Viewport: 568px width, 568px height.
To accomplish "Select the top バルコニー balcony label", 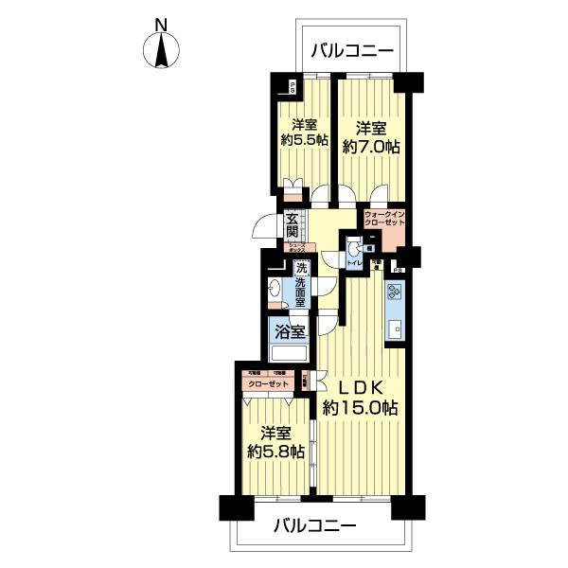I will click(x=351, y=51).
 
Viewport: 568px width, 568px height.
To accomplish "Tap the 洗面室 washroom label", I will click(x=300, y=281).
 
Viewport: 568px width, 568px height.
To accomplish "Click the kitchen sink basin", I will click(x=395, y=330).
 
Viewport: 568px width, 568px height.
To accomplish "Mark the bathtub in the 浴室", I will click(x=290, y=354).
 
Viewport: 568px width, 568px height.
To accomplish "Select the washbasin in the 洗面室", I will click(x=275, y=294).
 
